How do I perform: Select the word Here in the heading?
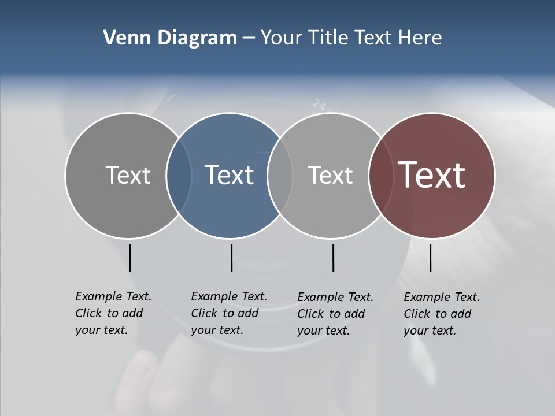pos(420,38)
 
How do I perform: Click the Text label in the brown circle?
pos(432,174)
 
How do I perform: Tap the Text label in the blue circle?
pos(230,175)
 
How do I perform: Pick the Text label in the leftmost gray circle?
pos(128,175)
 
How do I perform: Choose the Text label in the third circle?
pos(330,175)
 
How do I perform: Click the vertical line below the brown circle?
pos(430,258)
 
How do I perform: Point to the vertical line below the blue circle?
pos(231,258)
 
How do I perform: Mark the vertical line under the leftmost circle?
pos(129,258)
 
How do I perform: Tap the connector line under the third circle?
pos(333,258)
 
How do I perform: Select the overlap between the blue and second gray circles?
pos(280,175)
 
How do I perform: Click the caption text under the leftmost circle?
pos(113,313)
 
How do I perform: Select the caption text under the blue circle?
pos(228,313)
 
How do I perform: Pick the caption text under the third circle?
pos(335,314)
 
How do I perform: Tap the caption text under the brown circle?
pos(441,314)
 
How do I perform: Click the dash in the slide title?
pos(249,38)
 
